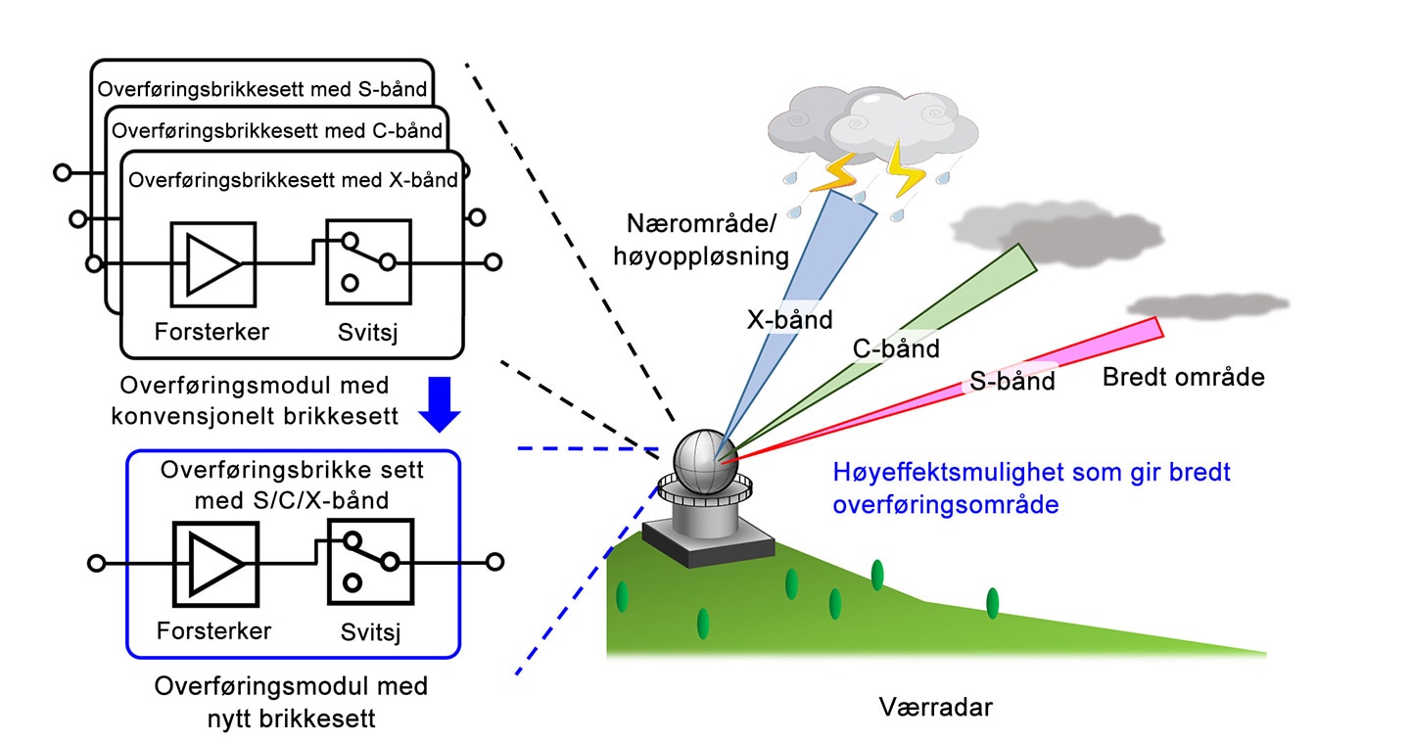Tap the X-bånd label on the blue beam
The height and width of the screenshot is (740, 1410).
789,320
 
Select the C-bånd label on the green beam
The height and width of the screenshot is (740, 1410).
896,348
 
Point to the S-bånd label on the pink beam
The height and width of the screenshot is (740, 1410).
1011,381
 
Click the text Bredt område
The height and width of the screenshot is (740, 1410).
1184,377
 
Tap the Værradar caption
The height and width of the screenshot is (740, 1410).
935,708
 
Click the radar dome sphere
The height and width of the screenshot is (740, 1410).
705,462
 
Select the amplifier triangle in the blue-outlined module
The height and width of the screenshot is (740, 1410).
215,564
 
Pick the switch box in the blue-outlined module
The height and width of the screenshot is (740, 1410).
371,562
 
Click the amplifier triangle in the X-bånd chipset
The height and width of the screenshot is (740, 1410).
212,264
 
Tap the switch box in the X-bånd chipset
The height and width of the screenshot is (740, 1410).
369,262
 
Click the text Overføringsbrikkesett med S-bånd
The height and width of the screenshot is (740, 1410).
261,89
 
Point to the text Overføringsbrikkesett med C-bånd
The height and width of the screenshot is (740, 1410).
277,131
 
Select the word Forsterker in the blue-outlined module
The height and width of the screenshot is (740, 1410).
213,630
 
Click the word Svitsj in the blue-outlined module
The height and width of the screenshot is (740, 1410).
370,631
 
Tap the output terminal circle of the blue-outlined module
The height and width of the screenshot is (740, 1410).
495,562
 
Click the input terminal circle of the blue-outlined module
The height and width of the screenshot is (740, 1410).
96,563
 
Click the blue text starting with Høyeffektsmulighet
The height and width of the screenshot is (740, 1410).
1031,488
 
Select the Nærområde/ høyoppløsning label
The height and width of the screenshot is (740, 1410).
701,240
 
